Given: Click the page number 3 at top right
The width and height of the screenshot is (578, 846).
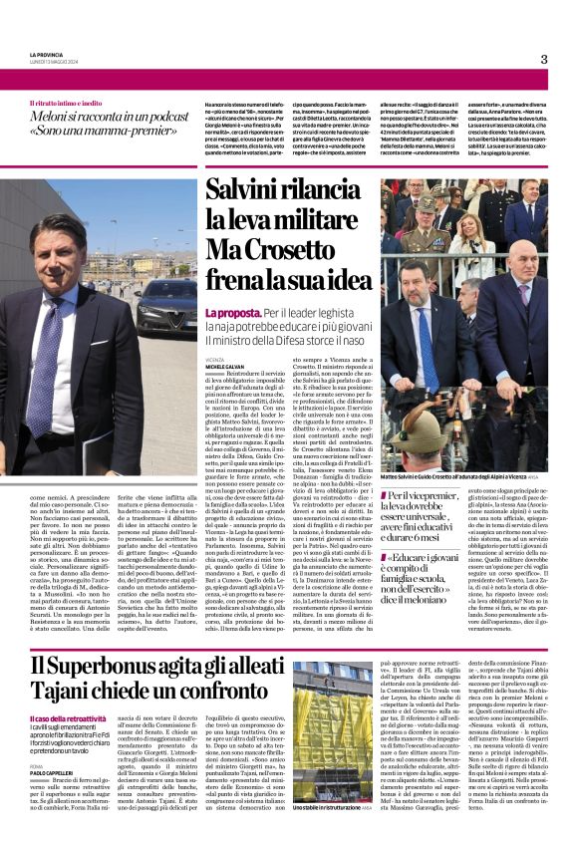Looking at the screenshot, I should (x=544, y=60).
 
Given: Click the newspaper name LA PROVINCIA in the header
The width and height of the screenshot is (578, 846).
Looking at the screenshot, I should (x=46, y=55).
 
